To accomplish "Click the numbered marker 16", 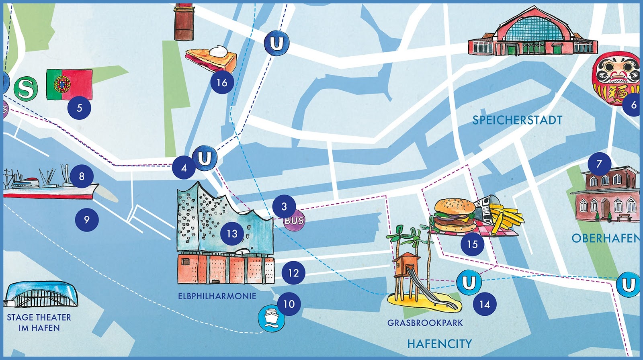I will (x=222, y=83).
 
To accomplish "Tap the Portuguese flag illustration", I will (x=69, y=84).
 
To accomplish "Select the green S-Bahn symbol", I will (x=25, y=88).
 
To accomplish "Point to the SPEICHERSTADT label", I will (x=517, y=120).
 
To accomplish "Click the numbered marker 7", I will (x=599, y=164).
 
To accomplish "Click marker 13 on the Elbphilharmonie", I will (x=232, y=234).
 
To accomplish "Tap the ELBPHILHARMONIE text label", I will (x=217, y=296).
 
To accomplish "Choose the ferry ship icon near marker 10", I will (x=271, y=318).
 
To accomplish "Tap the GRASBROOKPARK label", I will (x=425, y=323).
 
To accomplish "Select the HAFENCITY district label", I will (x=439, y=344).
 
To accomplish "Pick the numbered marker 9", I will (x=87, y=220).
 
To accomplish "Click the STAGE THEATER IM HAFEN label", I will (x=39, y=323).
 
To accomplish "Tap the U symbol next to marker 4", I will (x=205, y=158).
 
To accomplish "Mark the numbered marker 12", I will (x=293, y=273).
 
